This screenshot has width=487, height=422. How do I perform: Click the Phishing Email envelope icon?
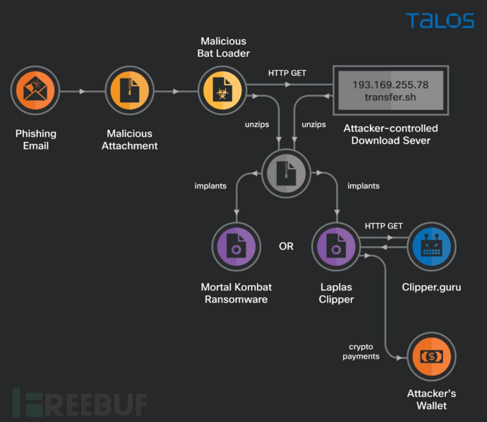[35, 91]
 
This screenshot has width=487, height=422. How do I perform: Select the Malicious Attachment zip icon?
[129, 91]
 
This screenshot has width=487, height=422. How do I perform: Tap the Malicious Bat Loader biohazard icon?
[221, 91]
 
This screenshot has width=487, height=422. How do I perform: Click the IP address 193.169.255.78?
[390, 85]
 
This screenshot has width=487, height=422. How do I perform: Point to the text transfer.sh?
[390, 98]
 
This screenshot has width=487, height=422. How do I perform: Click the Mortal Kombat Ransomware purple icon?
[236, 247]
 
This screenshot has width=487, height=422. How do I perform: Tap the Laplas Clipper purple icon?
[335, 247]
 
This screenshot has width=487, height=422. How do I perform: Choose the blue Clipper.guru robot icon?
[431, 247]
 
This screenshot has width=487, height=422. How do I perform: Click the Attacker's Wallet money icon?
[431, 357]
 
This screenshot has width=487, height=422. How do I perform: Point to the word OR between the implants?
[286, 246]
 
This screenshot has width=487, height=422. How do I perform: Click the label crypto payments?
[361, 351]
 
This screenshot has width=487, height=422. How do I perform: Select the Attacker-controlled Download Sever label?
[390, 134]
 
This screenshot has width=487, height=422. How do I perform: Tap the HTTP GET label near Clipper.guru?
[383, 226]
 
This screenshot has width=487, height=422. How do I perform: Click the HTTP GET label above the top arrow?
[286, 73]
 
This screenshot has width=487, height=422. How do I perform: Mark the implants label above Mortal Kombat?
[210, 186]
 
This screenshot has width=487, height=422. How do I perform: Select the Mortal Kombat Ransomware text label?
[236, 293]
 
